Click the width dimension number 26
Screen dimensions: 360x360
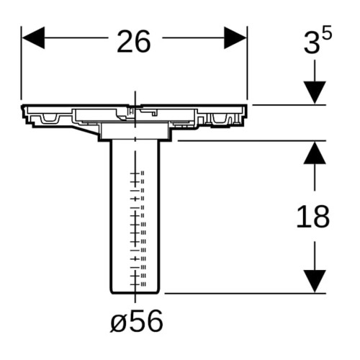click(134, 41)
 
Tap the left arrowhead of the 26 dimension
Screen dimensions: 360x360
click(33, 37)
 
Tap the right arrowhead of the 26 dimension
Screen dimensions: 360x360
click(235, 37)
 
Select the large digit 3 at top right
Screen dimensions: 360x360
click(312, 43)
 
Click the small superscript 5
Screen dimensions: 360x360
click(327, 32)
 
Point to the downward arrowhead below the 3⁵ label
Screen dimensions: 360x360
click(315, 93)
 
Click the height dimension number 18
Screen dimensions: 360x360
click(313, 217)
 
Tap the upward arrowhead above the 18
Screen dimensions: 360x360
click(315, 153)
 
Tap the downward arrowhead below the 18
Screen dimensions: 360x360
click(315, 282)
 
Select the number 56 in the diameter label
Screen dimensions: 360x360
click(145, 320)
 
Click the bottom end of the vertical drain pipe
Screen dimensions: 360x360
click(135, 293)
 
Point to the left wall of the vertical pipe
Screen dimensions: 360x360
click(110, 216)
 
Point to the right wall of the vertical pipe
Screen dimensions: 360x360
click(159, 216)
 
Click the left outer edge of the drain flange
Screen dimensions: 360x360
click(23, 112)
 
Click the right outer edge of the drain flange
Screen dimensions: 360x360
click(246, 111)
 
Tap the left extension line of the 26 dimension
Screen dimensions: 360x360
click(21, 63)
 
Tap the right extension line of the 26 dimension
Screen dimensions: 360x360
click(247, 63)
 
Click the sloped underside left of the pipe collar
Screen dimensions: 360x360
click(86, 130)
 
